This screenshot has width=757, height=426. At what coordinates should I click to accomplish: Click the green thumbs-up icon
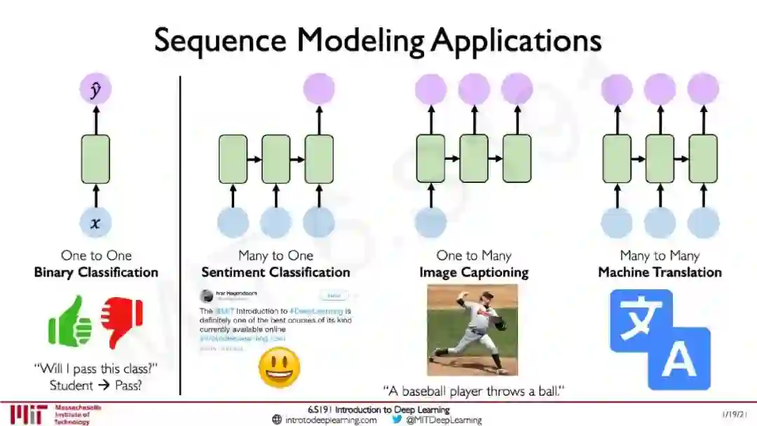(71, 322)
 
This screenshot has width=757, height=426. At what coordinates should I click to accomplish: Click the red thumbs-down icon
(121, 321)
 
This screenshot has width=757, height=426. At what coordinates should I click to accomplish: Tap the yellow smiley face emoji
(279, 367)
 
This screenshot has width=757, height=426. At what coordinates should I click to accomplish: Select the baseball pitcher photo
(472, 329)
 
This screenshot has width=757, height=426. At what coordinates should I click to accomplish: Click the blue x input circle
(95, 223)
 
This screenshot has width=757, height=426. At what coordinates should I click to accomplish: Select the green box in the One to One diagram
(95, 158)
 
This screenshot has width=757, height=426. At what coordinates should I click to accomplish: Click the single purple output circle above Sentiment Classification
(319, 89)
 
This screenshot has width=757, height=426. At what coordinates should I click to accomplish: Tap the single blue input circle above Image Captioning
(431, 222)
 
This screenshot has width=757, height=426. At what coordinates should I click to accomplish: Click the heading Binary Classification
(96, 273)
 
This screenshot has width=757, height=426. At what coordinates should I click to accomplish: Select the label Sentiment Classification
(275, 273)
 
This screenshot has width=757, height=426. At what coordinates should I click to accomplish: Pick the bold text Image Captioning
(474, 273)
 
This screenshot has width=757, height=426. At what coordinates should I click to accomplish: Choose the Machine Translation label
(660, 273)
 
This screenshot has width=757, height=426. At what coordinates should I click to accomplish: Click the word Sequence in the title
(219, 40)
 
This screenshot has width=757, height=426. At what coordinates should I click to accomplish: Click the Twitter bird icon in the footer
(397, 420)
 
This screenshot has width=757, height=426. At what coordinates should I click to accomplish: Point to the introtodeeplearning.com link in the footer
(330, 420)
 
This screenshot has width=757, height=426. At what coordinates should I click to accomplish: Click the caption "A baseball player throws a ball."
(474, 390)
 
